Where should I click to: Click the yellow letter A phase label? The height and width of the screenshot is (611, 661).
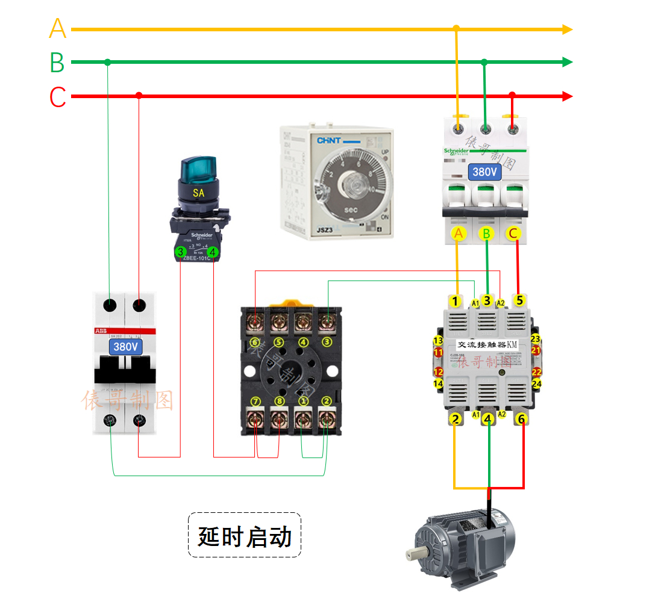point(57,28)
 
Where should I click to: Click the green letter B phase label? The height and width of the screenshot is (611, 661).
point(57,63)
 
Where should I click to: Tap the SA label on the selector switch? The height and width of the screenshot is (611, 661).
point(198,193)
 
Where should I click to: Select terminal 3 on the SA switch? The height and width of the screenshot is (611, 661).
point(180,252)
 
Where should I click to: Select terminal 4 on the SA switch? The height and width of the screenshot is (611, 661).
point(212,252)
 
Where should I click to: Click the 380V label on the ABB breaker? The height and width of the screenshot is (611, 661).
point(126,347)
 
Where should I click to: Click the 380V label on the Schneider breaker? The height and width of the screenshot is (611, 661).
point(484,172)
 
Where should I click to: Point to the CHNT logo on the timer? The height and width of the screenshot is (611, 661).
point(330,141)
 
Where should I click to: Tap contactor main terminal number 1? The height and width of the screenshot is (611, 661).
point(456,300)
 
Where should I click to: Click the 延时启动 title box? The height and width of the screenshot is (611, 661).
point(245,535)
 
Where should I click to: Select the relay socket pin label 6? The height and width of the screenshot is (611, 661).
point(255,343)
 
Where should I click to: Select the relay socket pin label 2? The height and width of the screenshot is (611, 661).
point(327,402)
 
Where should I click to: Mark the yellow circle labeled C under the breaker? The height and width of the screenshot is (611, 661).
point(513,233)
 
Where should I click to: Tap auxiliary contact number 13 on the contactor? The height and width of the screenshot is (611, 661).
point(438,341)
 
